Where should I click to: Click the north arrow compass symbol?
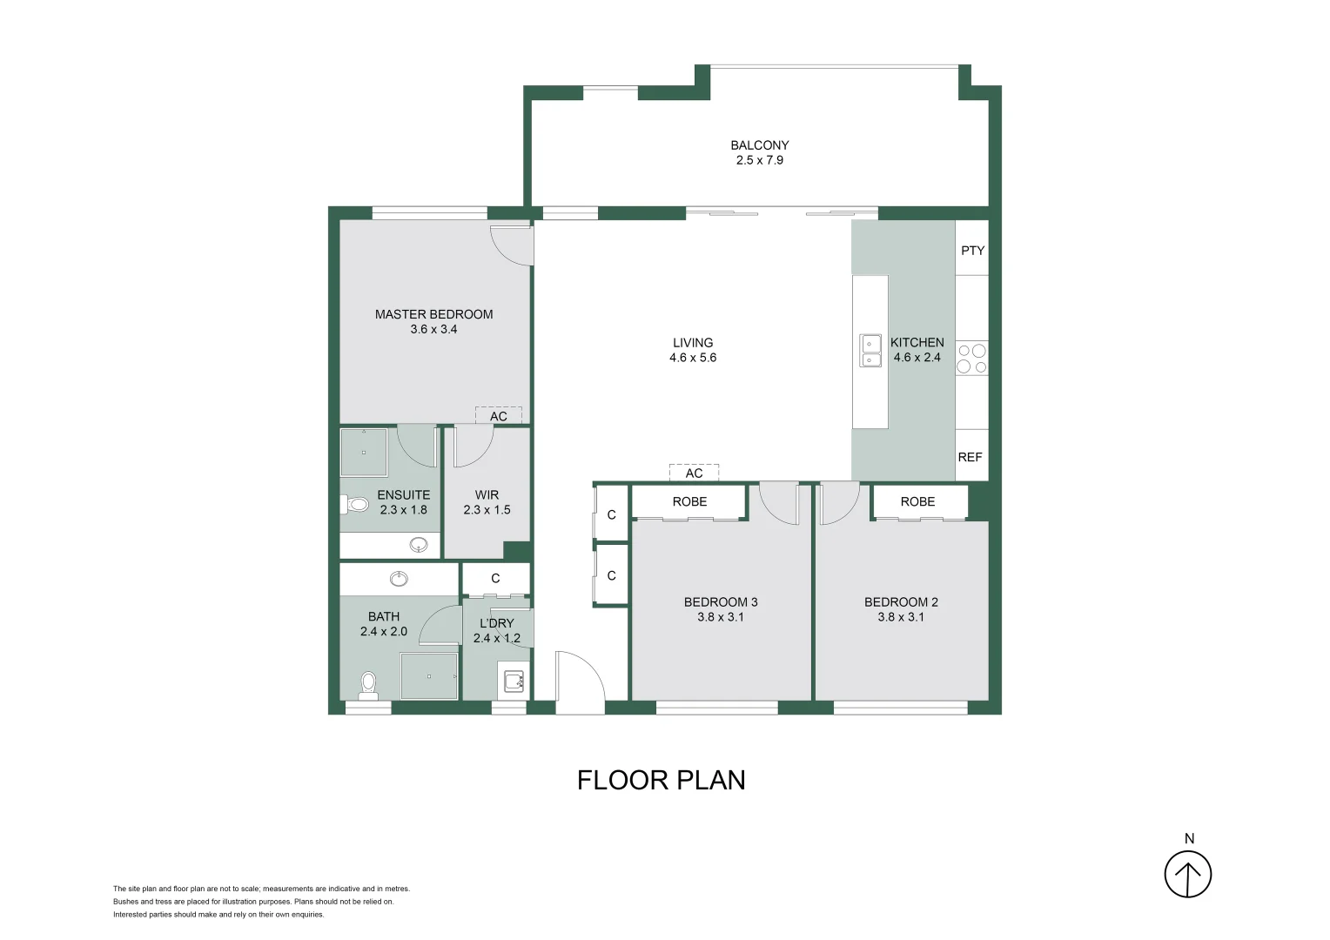point(1188,873)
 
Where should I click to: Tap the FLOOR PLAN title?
point(661,780)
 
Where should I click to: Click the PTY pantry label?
point(972,251)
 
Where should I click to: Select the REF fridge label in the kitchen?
point(970,457)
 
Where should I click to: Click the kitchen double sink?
point(870,350)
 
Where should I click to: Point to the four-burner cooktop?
point(971,359)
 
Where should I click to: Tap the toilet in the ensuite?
point(357,504)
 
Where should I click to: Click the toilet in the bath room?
point(368,683)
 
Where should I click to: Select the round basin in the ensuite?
point(419,545)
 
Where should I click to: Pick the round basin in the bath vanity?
point(399,579)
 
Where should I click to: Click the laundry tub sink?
point(514,681)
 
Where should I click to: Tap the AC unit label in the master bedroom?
point(498,416)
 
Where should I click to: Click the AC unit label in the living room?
point(694,473)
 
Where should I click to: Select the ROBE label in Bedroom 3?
point(689,501)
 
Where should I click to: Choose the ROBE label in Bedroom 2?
point(917,501)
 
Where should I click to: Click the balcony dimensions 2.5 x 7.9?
point(759,160)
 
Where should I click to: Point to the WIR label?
point(487,494)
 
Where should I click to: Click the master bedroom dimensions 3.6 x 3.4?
point(433,329)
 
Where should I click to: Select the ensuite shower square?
point(364,452)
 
